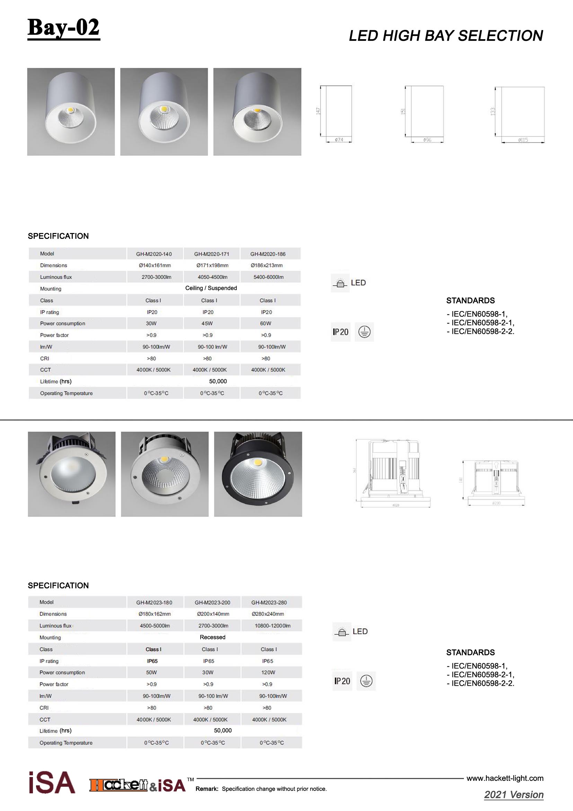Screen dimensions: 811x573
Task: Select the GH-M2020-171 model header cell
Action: (x=212, y=254)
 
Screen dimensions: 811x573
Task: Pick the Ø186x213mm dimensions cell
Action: (x=267, y=265)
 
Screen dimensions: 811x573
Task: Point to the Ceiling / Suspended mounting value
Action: (x=211, y=288)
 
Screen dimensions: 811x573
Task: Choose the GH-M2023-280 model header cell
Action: (x=269, y=603)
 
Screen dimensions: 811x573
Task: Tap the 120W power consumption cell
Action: (x=268, y=673)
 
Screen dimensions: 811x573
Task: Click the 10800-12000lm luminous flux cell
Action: (x=272, y=626)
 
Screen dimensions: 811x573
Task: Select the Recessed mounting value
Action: (x=212, y=637)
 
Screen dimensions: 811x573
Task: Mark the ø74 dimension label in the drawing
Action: (x=339, y=140)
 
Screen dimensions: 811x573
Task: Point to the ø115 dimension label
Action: (x=523, y=140)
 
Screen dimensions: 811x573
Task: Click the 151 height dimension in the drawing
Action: (x=403, y=111)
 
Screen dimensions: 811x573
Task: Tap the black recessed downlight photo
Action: (x=258, y=474)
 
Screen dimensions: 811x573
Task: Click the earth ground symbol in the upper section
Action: (x=364, y=332)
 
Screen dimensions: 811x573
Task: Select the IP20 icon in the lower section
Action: (x=342, y=681)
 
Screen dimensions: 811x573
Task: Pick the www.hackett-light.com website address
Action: (x=505, y=778)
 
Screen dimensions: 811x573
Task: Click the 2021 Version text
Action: (x=514, y=795)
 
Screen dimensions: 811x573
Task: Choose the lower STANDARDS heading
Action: (x=470, y=653)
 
